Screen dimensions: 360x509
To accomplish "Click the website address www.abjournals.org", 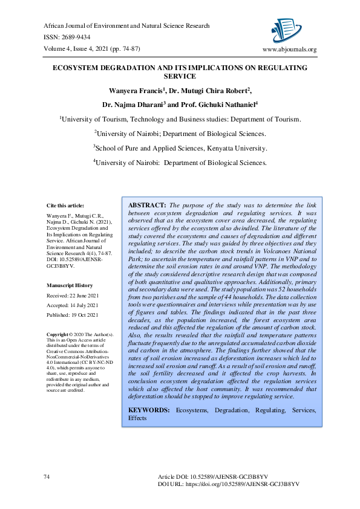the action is [289, 50].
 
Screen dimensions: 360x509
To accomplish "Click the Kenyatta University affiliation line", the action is [180, 148].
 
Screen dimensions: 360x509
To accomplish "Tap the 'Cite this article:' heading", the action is [66, 205].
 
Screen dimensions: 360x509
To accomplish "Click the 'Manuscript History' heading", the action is [70, 285].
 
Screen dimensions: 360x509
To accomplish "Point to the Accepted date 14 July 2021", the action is [73, 306].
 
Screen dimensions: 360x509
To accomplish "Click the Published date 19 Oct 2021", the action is [73, 316].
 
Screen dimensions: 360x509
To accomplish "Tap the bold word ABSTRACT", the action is [147, 206].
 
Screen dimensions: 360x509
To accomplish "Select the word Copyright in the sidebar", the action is [58, 334].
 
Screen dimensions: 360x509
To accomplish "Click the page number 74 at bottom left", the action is [47, 477].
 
